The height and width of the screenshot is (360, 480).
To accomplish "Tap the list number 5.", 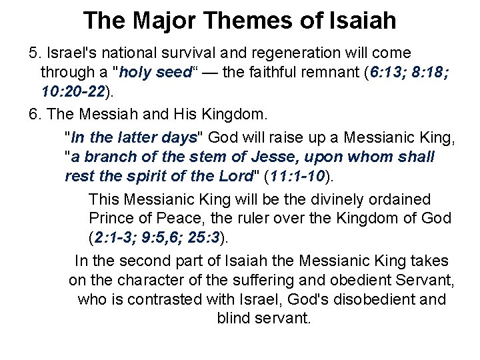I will pyautogui.click(x=33, y=53).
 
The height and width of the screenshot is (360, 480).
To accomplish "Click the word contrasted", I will pyautogui.click(x=179, y=299).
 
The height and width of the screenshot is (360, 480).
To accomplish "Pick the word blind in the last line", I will pyautogui.click(x=235, y=317).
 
